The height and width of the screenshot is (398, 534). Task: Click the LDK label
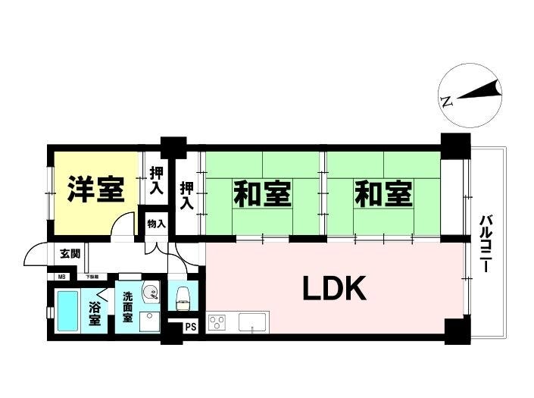(x=336, y=289)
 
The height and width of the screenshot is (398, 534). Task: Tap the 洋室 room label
(x=95, y=190)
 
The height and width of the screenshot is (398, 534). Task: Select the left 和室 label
(x=261, y=195)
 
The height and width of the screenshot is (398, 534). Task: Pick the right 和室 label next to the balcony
(x=384, y=195)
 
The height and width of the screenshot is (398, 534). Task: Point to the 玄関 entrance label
(x=70, y=253)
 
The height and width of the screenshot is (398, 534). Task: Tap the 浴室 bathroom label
(x=95, y=313)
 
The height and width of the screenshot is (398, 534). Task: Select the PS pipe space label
(x=190, y=327)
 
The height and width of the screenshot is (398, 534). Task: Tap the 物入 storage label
(x=157, y=224)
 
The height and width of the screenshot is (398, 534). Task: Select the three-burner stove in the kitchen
(x=218, y=324)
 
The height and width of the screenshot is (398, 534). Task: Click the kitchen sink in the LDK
(x=250, y=324)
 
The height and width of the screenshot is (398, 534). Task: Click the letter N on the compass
(x=447, y=100)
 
